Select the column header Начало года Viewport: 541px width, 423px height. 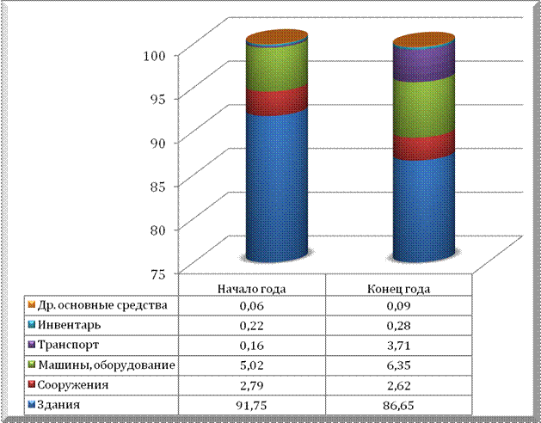pyautogui.click(x=251, y=287)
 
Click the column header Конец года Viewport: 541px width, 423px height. pyautogui.click(x=400, y=287)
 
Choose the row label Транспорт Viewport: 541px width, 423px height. pyautogui.click(x=68, y=346)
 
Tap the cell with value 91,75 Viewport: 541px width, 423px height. pyautogui.click(x=251, y=404)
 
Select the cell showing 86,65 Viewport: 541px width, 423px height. pyautogui.click(x=400, y=404)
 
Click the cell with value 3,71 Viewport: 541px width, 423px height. pyautogui.click(x=400, y=346)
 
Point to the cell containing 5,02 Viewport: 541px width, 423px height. pyautogui.click(x=251, y=365)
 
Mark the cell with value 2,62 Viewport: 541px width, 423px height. pyautogui.click(x=400, y=384)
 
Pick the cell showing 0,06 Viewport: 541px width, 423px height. pyautogui.click(x=251, y=306)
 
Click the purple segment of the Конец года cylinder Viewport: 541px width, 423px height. pyautogui.click(x=423, y=63)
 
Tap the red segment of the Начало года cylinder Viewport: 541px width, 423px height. pyautogui.click(x=277, y=100)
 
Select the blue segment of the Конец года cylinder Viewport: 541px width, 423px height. pyautogui.click(x=423, y=206)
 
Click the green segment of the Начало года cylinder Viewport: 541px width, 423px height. pyautogui.click(x=277, y=64)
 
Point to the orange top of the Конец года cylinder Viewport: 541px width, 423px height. pyautogui.click(x=423, y=40)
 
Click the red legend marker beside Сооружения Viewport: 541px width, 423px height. pyautogui.click(x=31, y=384)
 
